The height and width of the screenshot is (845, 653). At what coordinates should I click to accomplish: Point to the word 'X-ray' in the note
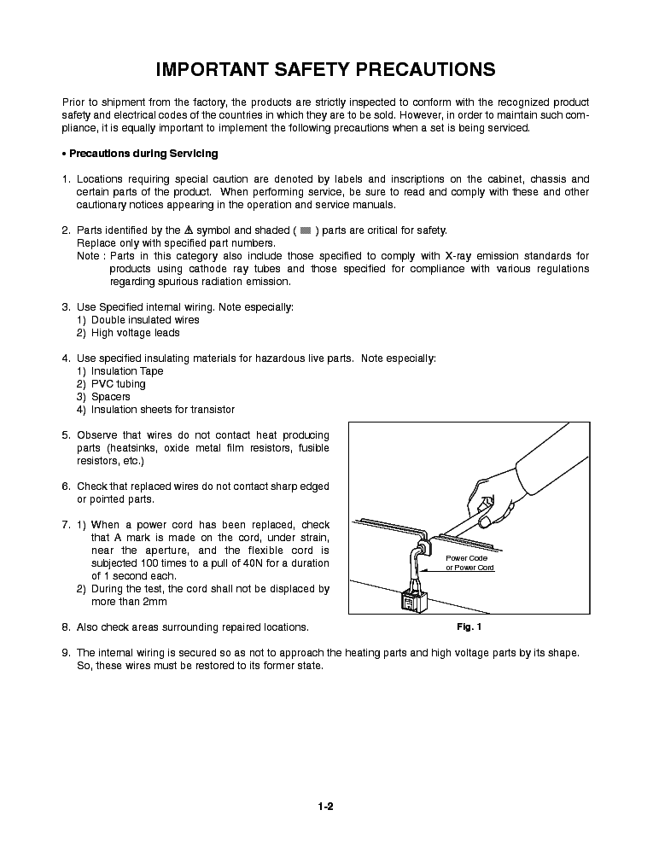click(x=506, y=256)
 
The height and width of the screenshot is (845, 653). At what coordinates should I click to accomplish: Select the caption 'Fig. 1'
click(x=469, y=627)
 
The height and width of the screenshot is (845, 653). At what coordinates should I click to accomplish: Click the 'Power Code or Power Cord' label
click(x=469, y=562)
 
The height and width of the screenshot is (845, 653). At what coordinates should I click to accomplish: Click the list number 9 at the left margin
click(x=66, y=653)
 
